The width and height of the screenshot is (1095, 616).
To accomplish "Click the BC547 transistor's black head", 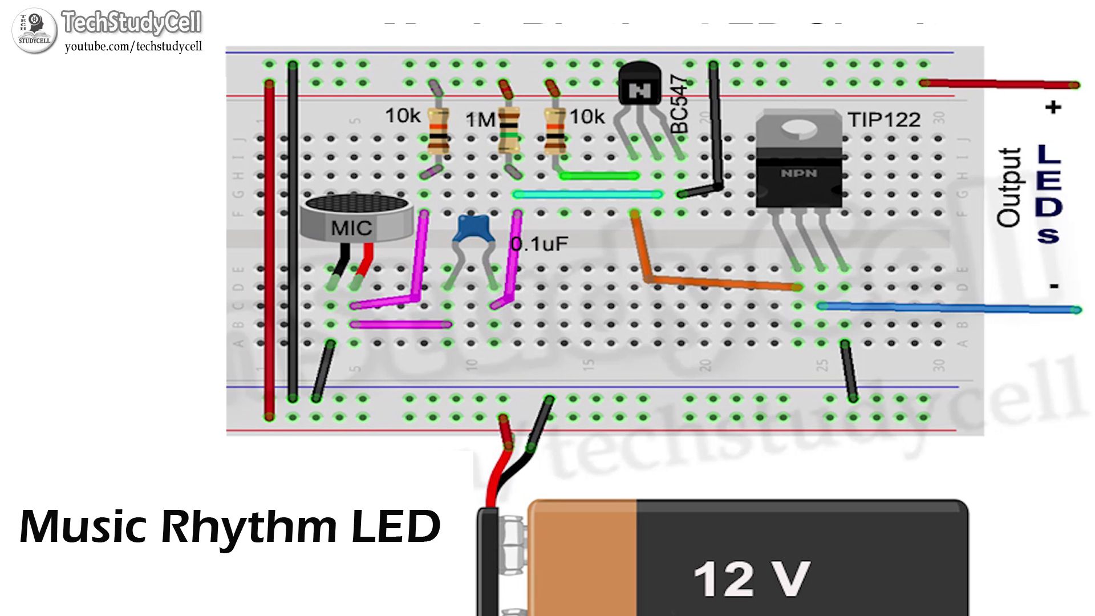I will coord(639,86).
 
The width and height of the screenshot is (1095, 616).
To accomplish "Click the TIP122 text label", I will coord(883,120).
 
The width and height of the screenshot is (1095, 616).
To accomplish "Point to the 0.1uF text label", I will coord(540,244).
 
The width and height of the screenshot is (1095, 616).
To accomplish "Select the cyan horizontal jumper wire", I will coord(587,194).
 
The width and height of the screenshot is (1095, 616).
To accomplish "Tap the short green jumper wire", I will coord(599,176).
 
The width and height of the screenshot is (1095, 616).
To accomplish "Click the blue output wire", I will coord(947,309).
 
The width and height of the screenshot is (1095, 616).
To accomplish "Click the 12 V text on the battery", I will coord(752,579).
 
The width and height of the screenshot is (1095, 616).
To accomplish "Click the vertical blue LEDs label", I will coord(1048,194).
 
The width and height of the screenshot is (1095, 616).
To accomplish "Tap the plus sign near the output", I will coord(1053,107).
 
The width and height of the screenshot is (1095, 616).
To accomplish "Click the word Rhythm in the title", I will coord(249,526).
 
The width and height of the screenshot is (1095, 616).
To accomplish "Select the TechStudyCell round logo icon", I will coord(34,31).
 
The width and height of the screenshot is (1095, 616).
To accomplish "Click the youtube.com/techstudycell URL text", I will coord(133,47).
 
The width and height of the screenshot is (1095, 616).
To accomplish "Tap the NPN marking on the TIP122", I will coord(798,173).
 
